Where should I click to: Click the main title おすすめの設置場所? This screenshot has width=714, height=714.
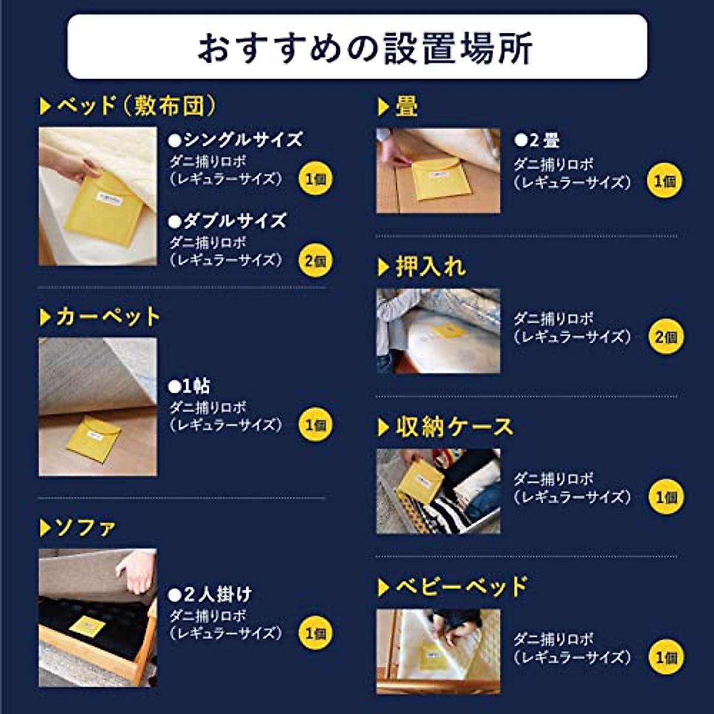click(364, 48)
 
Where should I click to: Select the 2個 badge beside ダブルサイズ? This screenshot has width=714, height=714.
click(315, 261)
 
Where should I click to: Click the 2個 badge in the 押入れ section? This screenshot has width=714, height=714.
click(666, 337)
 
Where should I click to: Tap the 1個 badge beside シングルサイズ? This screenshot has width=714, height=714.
click(315, 178)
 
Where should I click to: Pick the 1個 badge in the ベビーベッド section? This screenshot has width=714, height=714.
click(666, 657)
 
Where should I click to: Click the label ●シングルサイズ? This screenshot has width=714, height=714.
click(236, 140)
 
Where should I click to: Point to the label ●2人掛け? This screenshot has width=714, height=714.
click(210, 594)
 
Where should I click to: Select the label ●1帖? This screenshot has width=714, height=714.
click(189, 386)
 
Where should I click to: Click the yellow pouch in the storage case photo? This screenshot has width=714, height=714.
click(420, 480)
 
